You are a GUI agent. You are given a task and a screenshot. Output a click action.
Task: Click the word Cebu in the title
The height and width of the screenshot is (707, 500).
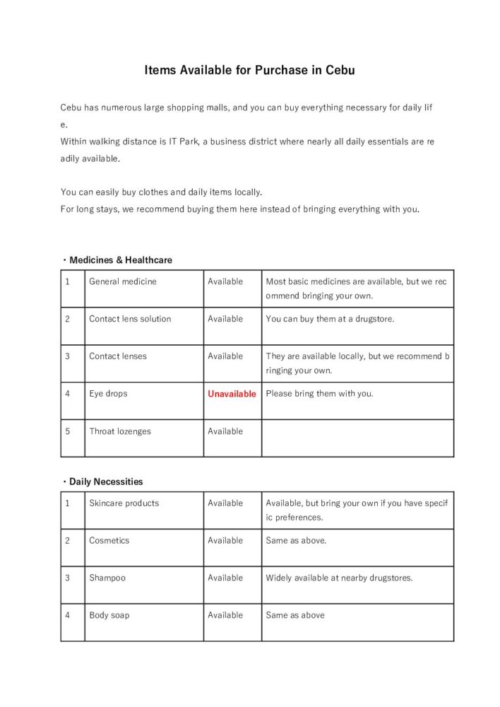340,70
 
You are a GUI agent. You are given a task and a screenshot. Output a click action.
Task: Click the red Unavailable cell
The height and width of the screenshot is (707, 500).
232,394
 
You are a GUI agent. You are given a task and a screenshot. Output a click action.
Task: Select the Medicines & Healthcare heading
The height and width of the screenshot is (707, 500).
120,260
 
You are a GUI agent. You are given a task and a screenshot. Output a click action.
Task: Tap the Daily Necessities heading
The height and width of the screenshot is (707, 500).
106,481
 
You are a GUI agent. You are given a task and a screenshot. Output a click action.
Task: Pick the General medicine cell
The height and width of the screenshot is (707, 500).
123,281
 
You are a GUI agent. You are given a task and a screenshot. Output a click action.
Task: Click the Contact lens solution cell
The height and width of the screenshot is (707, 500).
130,319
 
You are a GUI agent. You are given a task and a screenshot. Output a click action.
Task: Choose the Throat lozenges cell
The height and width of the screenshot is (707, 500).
120,431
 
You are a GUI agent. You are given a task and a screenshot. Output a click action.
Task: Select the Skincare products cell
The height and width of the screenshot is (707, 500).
124,503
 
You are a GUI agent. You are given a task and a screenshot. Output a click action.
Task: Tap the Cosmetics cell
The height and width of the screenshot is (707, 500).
109,540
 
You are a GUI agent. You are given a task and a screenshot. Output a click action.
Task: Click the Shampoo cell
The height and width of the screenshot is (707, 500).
107,578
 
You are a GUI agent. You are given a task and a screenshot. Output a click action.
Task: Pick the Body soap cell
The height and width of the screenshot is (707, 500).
109,615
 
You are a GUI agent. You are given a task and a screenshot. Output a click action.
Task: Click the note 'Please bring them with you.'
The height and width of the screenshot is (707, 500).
319,394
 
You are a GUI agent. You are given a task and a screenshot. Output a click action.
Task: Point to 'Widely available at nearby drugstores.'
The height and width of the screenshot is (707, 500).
339,578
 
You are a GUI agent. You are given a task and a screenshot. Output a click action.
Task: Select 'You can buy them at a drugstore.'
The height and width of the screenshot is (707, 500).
330,319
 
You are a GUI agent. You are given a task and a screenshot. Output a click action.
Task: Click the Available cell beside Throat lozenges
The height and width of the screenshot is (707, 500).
225,431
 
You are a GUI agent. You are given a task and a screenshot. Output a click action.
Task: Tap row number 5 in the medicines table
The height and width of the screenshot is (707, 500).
68,431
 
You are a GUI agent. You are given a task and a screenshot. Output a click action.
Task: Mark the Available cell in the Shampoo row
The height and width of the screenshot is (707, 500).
225,578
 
